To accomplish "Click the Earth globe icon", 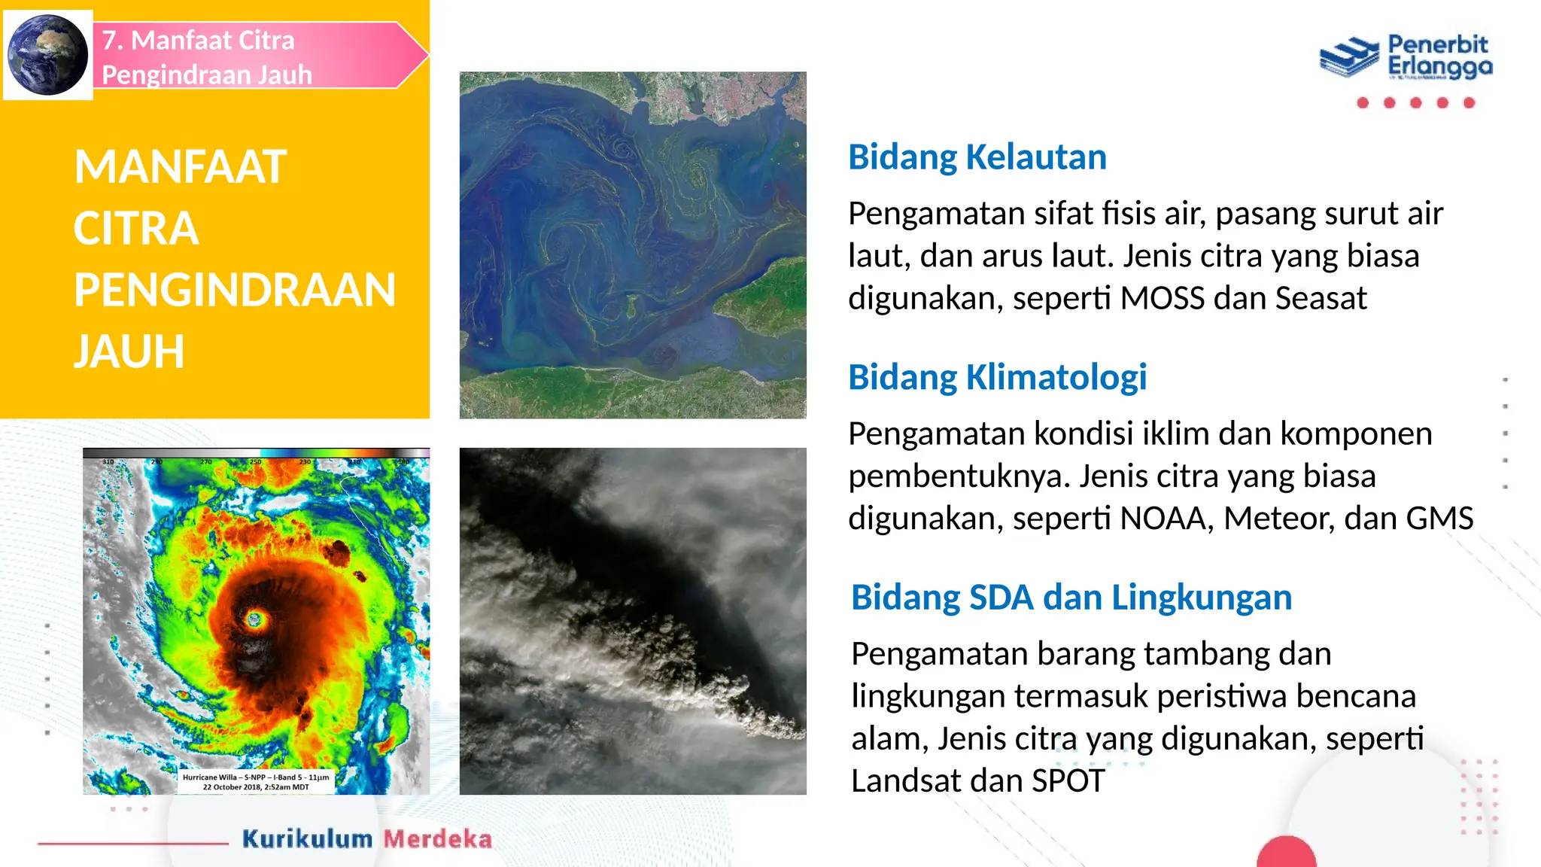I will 47,54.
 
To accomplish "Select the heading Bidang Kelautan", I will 977,157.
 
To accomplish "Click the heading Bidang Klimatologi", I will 997,377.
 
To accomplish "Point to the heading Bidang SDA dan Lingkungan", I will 1071,598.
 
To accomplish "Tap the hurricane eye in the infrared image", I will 254,619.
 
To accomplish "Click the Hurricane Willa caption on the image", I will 256,782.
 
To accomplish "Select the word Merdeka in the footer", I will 437,839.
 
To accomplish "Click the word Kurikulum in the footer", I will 307,839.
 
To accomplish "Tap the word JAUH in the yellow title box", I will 129,351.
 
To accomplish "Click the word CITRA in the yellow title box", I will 136,229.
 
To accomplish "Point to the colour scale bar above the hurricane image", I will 256,453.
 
